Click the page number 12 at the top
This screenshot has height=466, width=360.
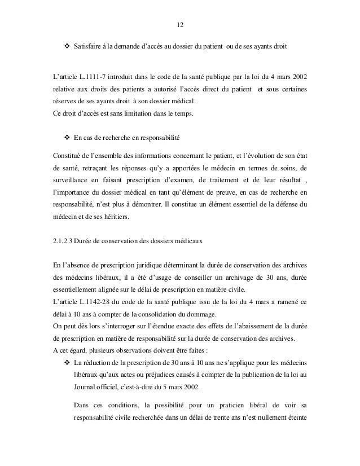tap(180, 25)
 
